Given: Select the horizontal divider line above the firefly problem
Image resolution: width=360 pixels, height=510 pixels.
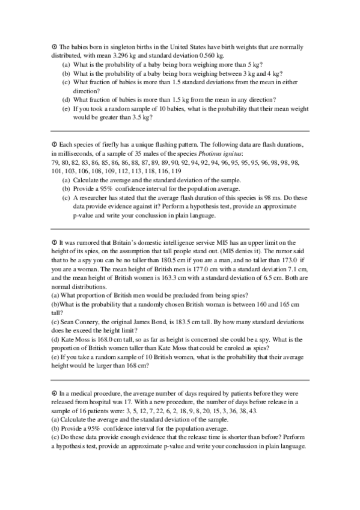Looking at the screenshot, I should [180, 131].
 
